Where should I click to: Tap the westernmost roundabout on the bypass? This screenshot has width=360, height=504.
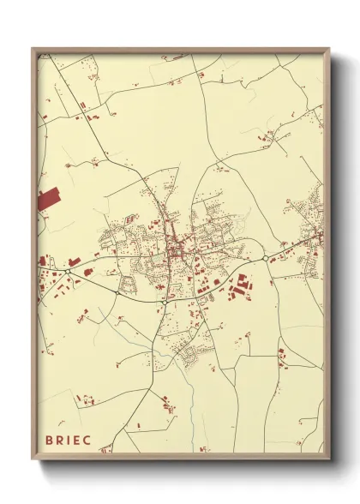(x=67, y=272)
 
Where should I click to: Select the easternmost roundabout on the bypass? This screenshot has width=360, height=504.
(x=265, y=258)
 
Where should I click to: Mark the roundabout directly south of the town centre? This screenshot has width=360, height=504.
(x=163, y=302)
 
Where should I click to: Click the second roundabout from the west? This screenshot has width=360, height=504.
(x=117, y=291)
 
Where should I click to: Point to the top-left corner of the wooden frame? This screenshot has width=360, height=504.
(x=33, y=49)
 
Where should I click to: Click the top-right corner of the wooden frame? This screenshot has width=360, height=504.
(x=329, y=49)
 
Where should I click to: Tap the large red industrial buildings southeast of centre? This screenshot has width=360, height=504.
(x=241, y=285)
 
